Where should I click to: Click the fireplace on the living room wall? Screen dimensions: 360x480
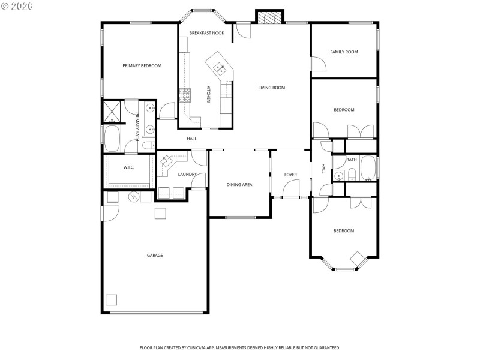[x=269, y=17]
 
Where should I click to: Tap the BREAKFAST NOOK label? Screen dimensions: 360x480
[x=206, y=33]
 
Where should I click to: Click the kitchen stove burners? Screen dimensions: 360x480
[x=184, y=94]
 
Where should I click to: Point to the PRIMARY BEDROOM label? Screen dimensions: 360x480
[x=142, y=65]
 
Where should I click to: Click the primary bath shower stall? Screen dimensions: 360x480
[x=112, y=112]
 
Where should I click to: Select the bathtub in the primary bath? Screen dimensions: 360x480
[x=112, y=139]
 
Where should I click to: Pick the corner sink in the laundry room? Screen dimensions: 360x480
[x=166, y=161]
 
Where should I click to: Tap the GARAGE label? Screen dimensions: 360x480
[x=155, y=255]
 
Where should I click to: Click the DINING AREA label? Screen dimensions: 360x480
[x=239, y=184]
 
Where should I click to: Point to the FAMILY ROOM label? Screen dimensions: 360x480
[x=344, y=52]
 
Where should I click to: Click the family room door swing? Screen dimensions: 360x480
[x=316, y=64]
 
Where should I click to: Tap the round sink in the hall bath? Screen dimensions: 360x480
[x=338, y=176]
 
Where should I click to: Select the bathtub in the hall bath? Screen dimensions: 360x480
[x=367, y=168]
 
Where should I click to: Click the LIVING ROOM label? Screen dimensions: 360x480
[x=271, y=88]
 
